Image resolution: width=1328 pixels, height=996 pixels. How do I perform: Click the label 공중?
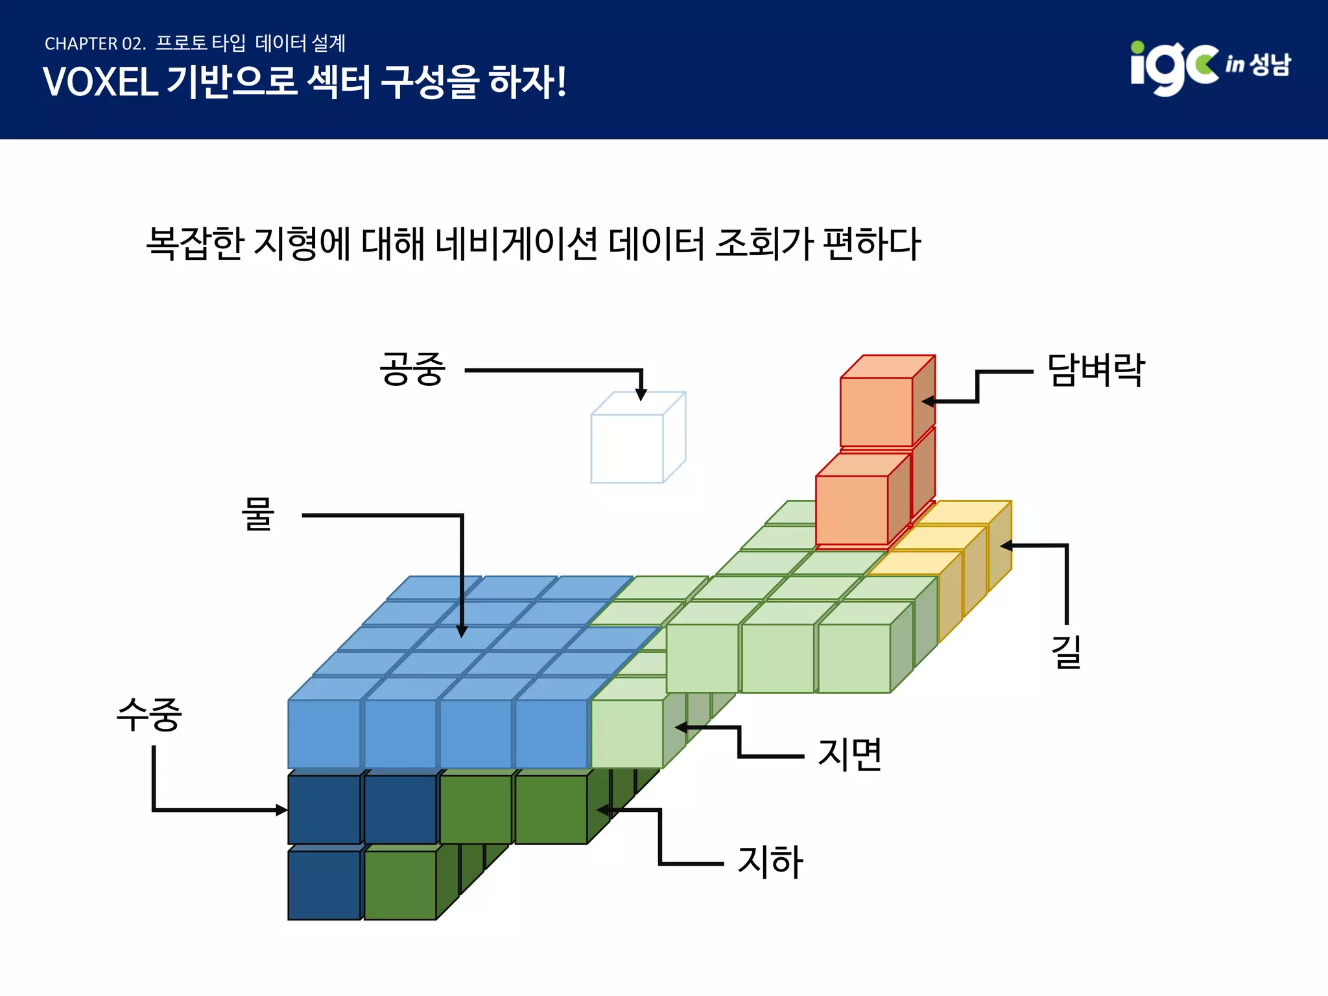point(412,370)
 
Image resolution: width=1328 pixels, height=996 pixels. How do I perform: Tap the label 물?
point(257,514)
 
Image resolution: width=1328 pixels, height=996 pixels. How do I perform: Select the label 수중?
point(149,715)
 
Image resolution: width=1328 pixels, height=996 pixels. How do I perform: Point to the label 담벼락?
point(1096,370)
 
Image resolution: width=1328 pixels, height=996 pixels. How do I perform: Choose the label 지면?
point(850,754)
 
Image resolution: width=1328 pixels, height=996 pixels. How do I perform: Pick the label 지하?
point(770,862)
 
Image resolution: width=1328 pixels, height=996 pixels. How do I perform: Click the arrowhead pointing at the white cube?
point(641,394)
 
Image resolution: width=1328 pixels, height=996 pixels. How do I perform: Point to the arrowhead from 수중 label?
point(281,810)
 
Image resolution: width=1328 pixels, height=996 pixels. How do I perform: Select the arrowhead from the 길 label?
point(1006,546)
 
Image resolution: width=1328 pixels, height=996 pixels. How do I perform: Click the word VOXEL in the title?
point(101,82)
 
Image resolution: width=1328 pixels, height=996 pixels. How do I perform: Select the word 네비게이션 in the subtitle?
point(516,244)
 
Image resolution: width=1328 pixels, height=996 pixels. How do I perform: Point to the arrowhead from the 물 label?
point(462,632)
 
